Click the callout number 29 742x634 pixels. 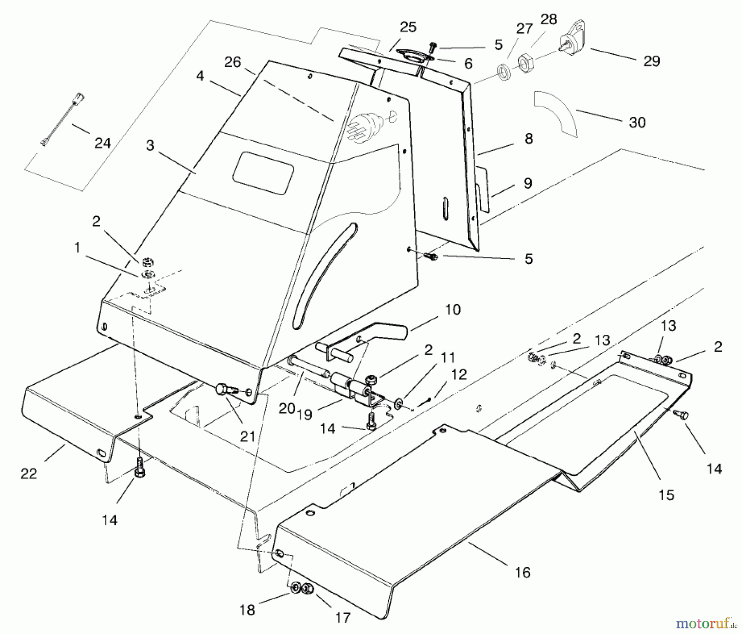coord(651,61)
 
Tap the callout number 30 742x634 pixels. coord(637,123)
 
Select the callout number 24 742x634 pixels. coord(103,143)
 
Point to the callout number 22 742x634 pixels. coord(29,474)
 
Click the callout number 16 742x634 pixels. coord(522,572)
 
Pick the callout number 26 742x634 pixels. coord(232,62)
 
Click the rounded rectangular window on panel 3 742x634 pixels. coord(263,173)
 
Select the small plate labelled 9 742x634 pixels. coord(483,188)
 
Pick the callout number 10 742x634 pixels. coord(453,310)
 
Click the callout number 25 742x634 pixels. coord(408,27)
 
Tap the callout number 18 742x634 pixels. coord(247,610)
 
